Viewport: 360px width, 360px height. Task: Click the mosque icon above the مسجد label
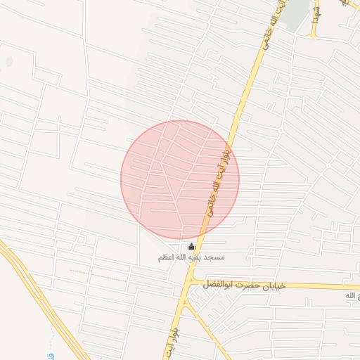[192, 247]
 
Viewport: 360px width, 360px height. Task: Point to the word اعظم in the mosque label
[168, 258]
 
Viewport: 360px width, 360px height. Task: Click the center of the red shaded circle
[180, 179]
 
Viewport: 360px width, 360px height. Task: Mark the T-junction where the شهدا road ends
[314, 36]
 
